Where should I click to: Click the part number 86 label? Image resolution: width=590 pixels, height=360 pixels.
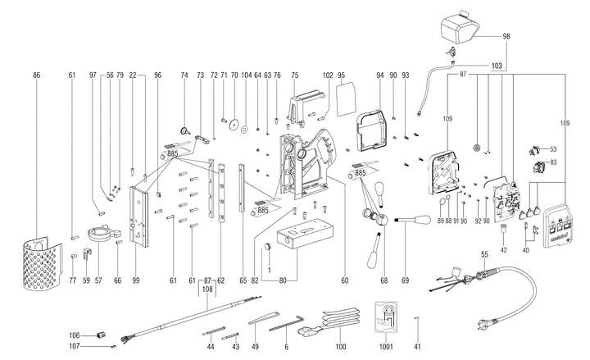click(x=36, y=75)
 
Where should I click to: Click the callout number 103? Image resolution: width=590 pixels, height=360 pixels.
click(x=496, y=65)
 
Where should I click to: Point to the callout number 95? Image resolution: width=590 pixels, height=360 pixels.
click(x=342, y=75)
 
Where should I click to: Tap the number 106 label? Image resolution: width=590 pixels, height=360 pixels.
click(x=74, y=335)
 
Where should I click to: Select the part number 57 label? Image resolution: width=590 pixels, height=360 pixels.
click(x=99, y=280)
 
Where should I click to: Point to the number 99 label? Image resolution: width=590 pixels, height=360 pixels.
click(x=135, y=280)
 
